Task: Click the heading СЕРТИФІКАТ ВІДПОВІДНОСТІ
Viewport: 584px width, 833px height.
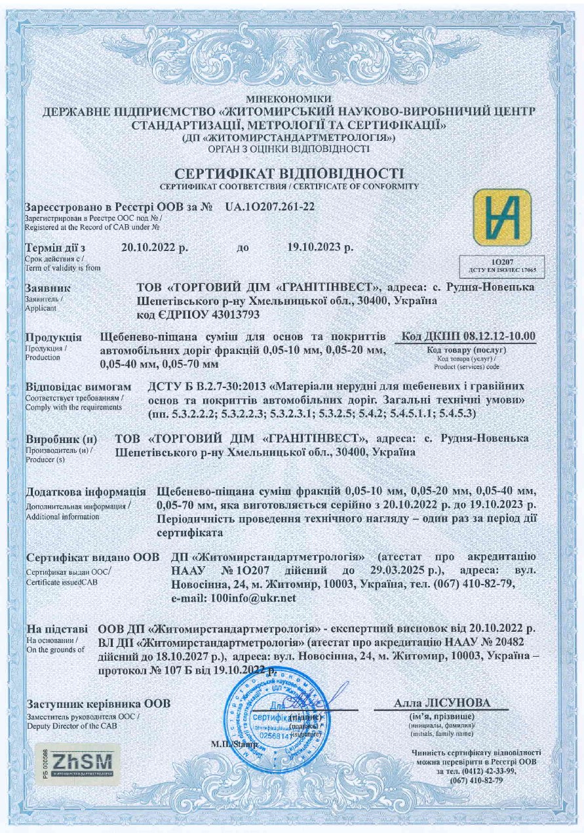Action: (x=292, y=174)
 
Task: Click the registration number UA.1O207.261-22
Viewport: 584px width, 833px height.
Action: (x=270, y=207)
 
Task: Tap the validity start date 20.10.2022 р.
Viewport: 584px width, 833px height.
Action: (x=155, y=248)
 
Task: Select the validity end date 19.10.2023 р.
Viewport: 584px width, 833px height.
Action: (x=321, y=248)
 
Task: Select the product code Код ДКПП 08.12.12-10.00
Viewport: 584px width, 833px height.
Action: (x=468, y=337)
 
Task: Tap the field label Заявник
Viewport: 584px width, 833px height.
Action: (x=47, y=288)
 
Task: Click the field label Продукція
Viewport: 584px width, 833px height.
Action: (x=53, y=338)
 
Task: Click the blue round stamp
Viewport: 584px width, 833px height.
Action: (x=274, y=715)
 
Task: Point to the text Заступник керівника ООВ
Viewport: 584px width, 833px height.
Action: (x=98, y=705)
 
